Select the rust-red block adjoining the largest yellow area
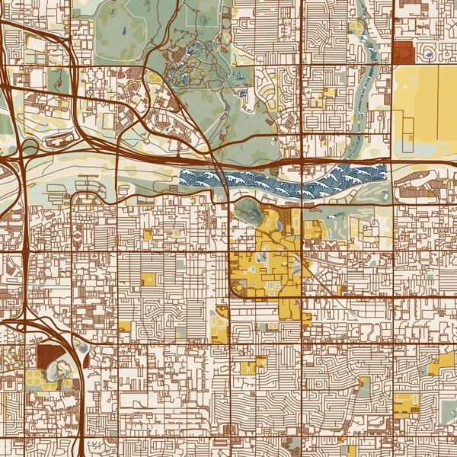(403, 53)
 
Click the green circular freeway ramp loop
(30, 146)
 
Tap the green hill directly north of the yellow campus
(248, 209)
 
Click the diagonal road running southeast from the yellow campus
(328, 282)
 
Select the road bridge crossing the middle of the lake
(303, 181)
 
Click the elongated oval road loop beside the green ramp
(56, 140)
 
